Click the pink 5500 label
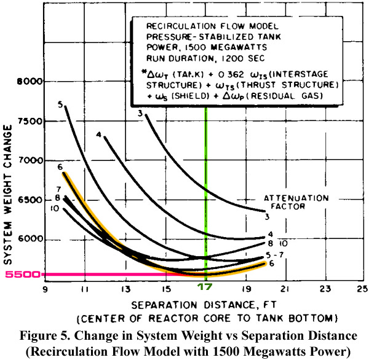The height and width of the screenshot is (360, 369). (23, 275)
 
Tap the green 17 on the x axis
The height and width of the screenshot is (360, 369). (205, 288)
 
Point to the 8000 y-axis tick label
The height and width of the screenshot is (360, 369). (30, 82)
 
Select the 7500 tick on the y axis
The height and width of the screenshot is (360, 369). (31, 122)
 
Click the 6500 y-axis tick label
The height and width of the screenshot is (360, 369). (31, 200)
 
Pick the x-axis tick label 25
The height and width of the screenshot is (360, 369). (362, 289)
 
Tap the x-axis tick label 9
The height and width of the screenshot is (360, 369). (45, 289)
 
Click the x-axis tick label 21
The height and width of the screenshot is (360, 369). (285, 289)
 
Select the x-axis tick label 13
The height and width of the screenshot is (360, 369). (126, 289)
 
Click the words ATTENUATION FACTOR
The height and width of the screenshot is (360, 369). (296, 202)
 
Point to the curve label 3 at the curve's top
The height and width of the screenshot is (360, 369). (140, 114)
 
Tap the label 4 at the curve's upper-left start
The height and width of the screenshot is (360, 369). (99, 135)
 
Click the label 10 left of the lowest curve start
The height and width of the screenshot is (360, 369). (55, 208)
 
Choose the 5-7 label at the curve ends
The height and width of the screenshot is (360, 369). (275, 255)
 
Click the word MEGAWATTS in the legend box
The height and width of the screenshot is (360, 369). (239, 47)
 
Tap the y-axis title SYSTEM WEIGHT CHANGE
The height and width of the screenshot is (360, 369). (8, 195)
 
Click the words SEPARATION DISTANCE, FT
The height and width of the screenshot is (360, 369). (204, 305)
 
